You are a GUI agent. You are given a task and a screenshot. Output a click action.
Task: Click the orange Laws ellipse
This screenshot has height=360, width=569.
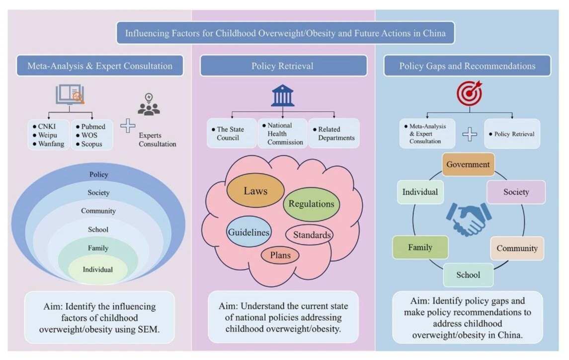click(255, 190)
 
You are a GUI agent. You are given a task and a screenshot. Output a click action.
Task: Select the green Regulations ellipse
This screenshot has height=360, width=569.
click(312, 204)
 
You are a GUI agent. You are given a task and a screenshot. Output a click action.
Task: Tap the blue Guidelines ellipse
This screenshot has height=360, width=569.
click(248, 232)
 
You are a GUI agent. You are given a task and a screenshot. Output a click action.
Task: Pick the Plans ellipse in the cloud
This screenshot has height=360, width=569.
click(280, 255)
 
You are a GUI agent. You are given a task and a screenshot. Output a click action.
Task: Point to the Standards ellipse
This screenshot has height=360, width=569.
click(309, 235)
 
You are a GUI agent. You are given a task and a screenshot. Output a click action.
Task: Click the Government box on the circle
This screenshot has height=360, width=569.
click(468, 164)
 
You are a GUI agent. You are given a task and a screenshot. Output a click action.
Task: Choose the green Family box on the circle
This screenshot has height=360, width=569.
click(420, 247)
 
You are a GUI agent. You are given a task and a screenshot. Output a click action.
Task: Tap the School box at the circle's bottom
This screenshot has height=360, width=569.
click(468, 275)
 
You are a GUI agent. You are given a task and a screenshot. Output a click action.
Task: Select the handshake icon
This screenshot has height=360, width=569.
click(468, 218)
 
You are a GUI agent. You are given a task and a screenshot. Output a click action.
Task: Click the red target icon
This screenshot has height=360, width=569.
click(469, 93)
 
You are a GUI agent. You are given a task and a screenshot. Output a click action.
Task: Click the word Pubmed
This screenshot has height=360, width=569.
click(93, 127)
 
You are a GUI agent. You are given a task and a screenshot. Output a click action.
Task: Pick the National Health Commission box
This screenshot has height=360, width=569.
click(282, 134)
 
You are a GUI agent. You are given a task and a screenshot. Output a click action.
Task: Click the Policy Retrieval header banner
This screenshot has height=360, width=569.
click(283, 66)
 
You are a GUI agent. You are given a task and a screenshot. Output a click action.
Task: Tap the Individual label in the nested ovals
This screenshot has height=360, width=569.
click(97, 270)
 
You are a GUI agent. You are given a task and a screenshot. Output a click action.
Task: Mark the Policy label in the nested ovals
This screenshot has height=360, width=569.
click(98, 175)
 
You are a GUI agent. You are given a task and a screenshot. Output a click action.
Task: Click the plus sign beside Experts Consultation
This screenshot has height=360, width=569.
click(128, 126)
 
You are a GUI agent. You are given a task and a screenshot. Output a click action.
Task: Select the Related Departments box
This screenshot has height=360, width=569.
click(333, 134)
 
